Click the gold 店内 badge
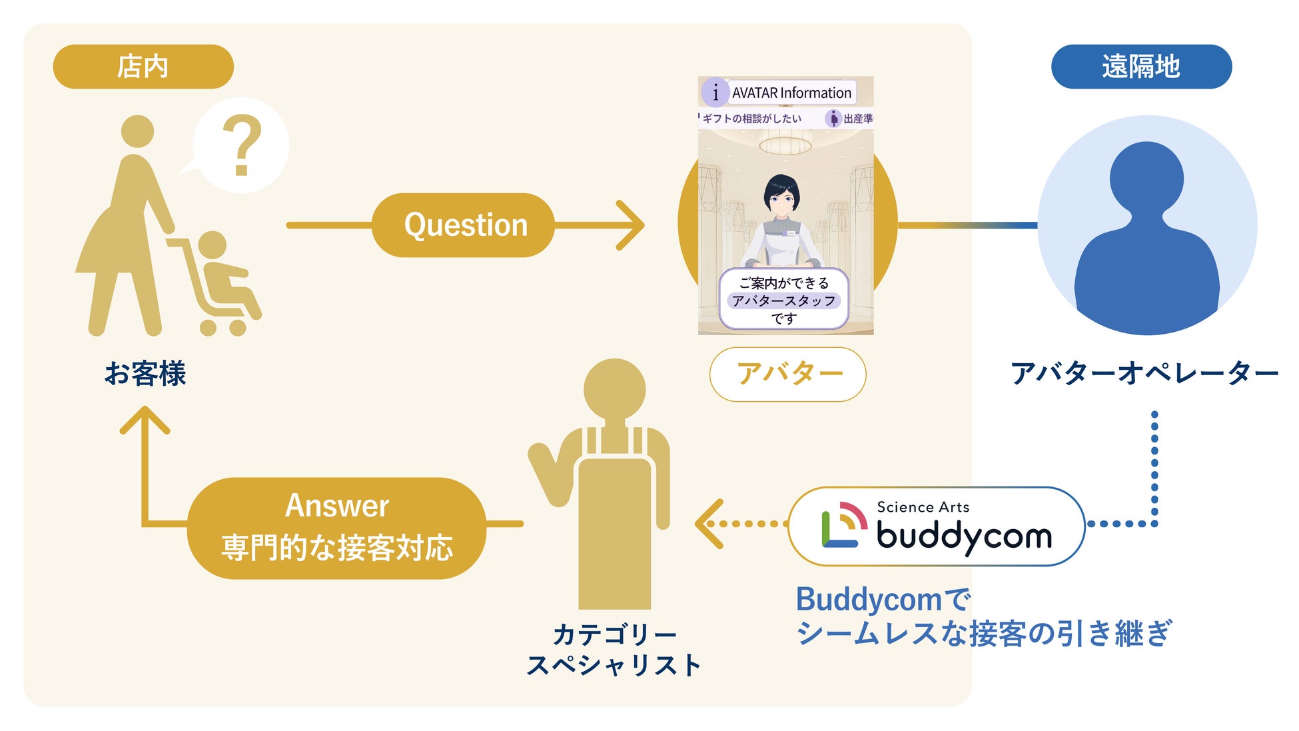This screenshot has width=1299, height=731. pos(143,67)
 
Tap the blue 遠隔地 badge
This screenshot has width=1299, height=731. pos(1141,67)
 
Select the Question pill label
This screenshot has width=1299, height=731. pos(465,225)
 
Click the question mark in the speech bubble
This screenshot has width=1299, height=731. pos(241,145)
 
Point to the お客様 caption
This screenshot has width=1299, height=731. pos(145,373)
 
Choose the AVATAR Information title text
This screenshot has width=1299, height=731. pos(791,93)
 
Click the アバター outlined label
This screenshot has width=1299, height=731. pos(788,374)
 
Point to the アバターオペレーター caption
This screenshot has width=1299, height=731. pos(1144,373)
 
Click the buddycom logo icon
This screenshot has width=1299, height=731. pos(843,526)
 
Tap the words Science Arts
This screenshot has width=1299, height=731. pos(923,507)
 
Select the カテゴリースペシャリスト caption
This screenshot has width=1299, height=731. pos(614,649)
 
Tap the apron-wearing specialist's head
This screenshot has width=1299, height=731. pos(614,390)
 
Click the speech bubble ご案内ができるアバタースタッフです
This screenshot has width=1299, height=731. pos(784,300)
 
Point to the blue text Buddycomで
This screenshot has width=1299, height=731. pos(883,599)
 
